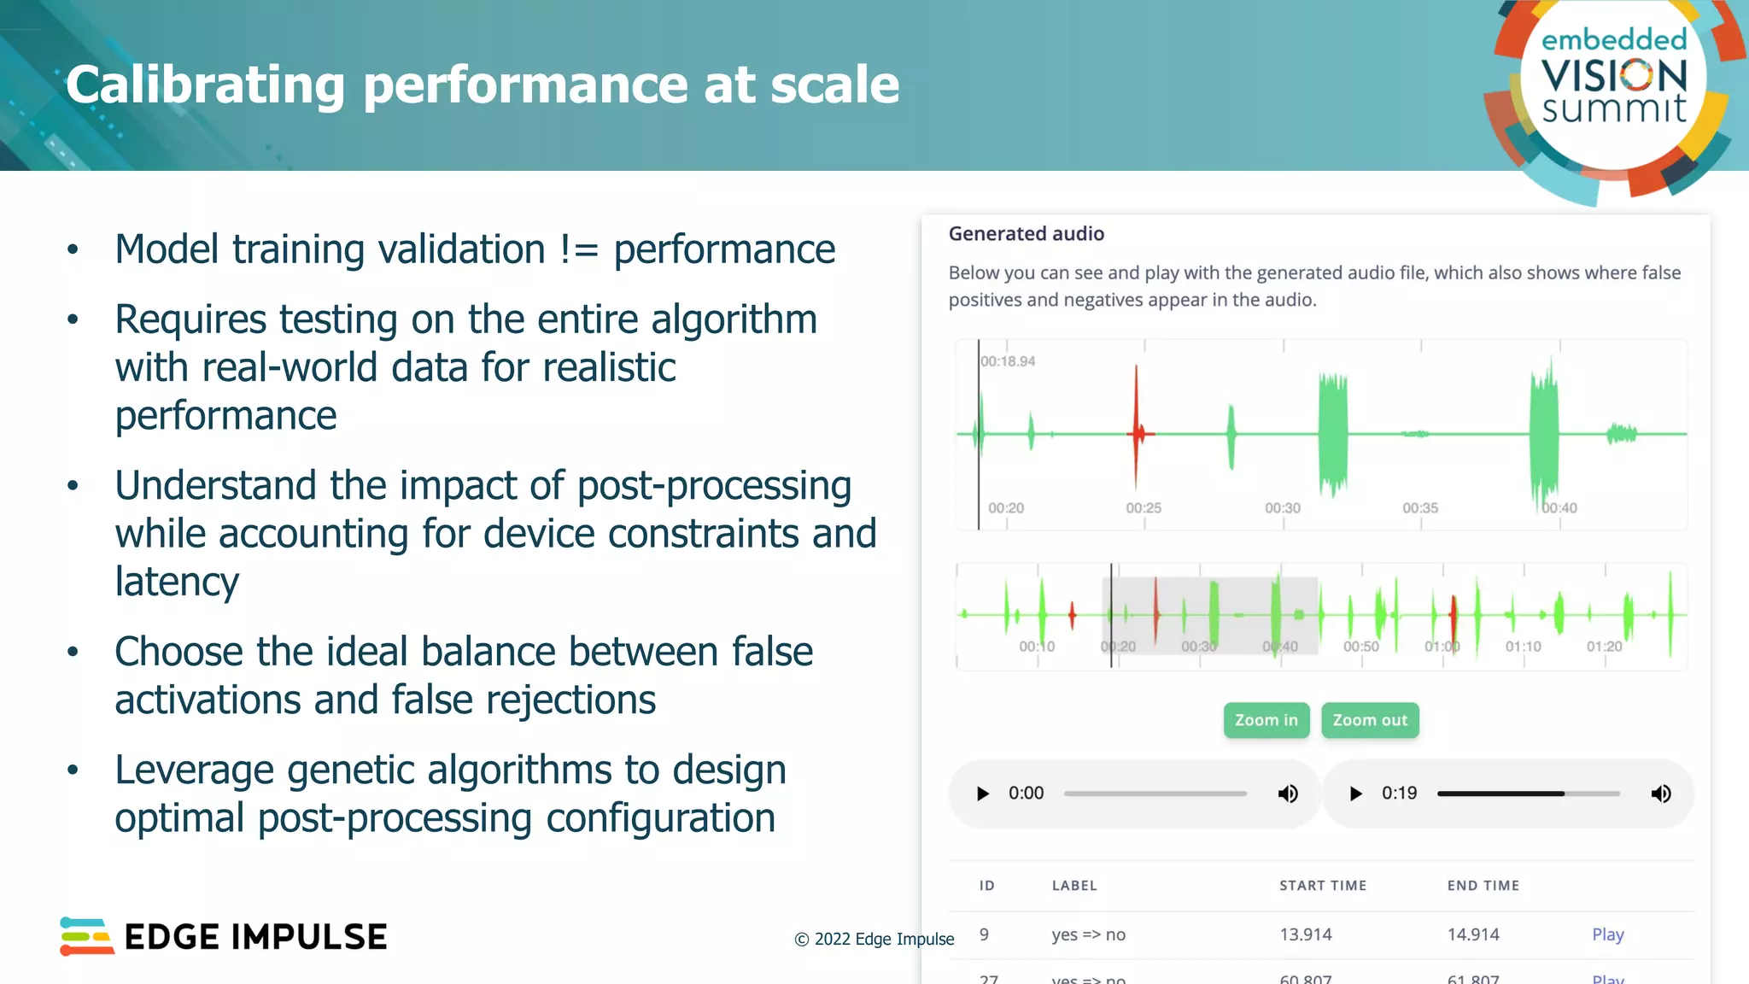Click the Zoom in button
click(1266, 720)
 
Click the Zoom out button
click(1370, 720)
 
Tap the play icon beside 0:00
click(982, 794)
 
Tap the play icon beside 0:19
click(1355, 794)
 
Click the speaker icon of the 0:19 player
click(1660, 794)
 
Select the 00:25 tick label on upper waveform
click(1144, 507)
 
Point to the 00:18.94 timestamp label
click(1008, 361)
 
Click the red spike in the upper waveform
click(1137, 432)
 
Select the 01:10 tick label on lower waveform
click(1523, 647)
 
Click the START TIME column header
click(1322, 886)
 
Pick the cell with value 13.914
click(1305, 934)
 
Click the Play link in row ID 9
click(1607, 934)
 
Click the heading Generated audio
click(1026, 234)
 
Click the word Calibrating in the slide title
click(205, 85)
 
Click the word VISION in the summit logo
click(1614, 76)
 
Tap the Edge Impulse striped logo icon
click(86, 936)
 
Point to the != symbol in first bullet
click(579, 249)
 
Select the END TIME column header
click(1483, 886)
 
